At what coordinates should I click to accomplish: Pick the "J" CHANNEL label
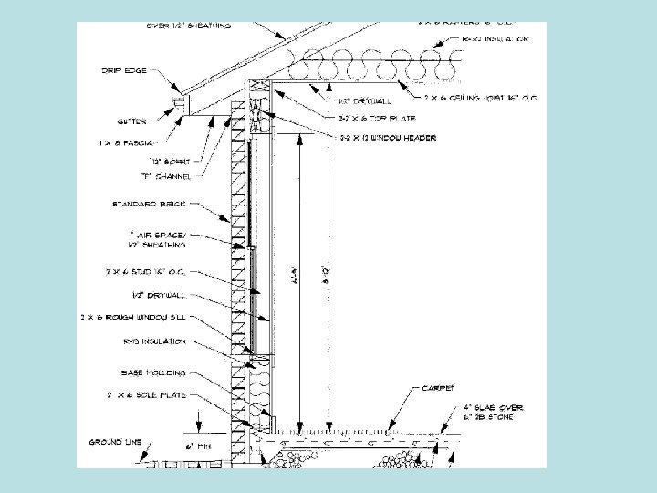tap(160, 178)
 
